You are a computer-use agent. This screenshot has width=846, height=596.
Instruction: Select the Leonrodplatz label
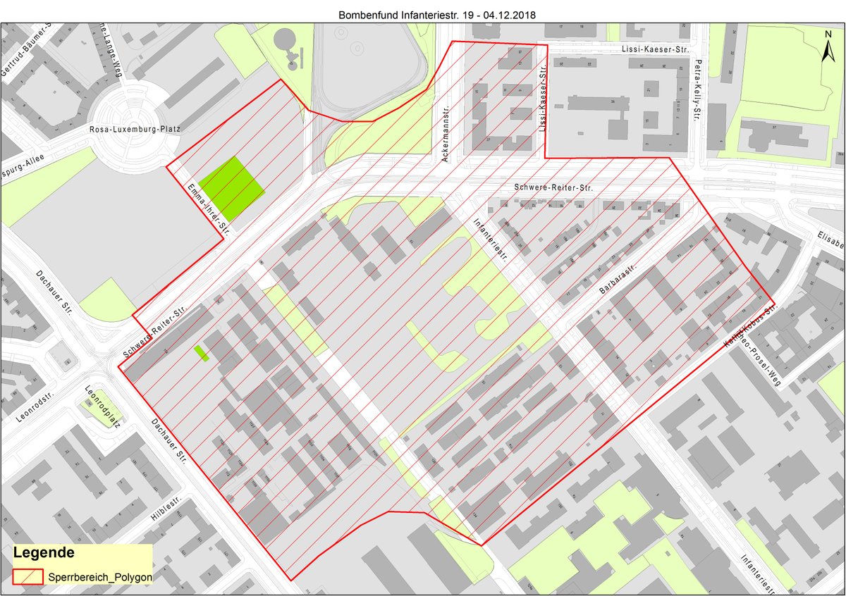pyautogui.click(x=103, y=406)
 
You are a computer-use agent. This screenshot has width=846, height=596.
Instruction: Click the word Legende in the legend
pyautogui.click(x=44, y=552)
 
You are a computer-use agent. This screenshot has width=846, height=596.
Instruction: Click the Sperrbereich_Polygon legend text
pyautogui.click(x=100, y=576)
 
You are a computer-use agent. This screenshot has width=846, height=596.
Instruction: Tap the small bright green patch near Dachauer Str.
pyautogui.click(x=202, y=353)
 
